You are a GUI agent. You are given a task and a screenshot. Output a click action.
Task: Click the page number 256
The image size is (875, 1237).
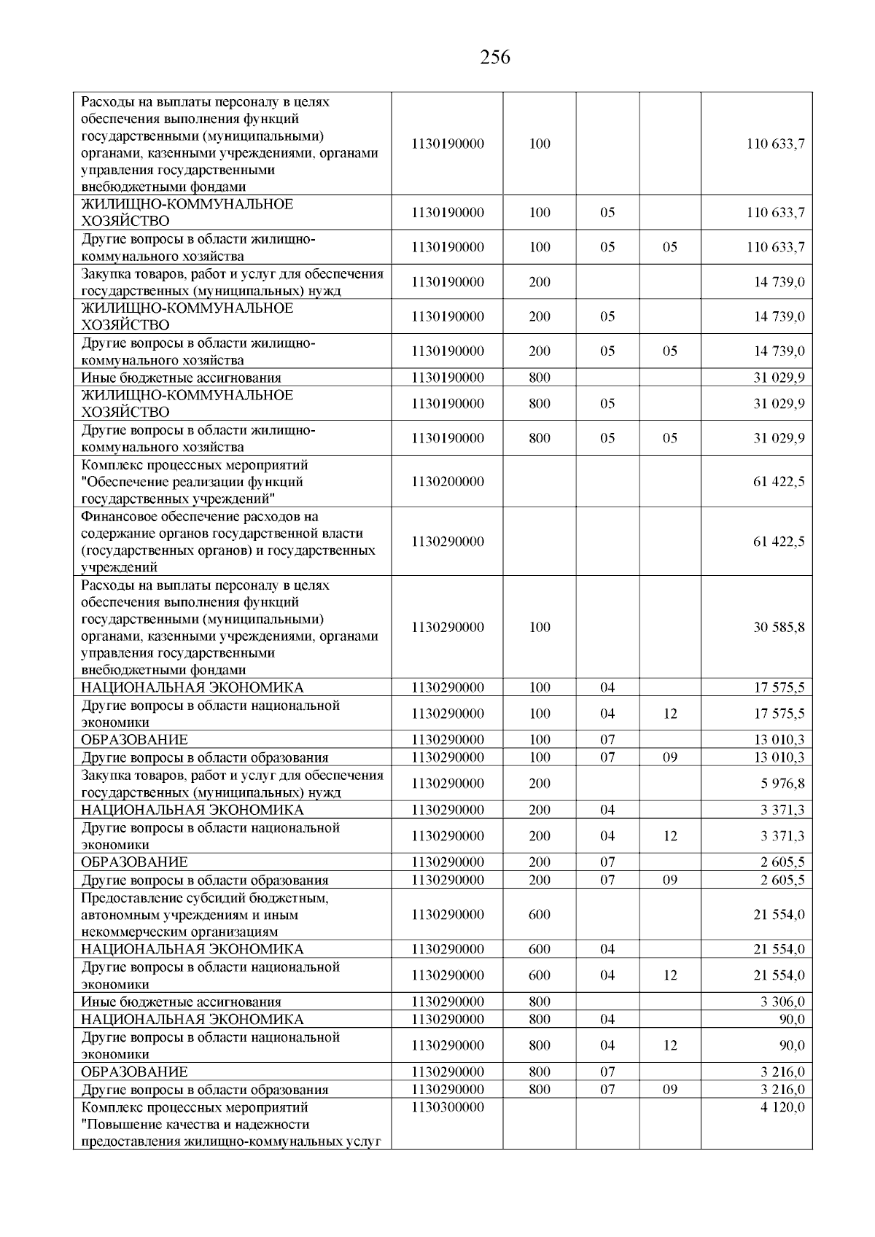[495, 58]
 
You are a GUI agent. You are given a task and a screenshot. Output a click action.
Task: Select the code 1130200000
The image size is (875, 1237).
[447, 482]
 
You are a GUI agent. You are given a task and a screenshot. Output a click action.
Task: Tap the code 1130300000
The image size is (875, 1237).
[447, 1107]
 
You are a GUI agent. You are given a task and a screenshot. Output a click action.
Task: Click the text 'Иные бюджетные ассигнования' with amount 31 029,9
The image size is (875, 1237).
[181, 378]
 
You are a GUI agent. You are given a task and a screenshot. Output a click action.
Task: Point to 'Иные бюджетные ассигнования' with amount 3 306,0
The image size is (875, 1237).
[181, 1002]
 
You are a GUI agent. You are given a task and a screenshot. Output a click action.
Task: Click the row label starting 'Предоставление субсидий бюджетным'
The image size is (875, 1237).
[205, 915]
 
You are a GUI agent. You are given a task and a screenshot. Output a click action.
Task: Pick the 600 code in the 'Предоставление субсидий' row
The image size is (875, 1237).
[540, 915]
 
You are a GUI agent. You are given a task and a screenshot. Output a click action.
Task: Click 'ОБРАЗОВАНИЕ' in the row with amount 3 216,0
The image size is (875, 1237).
[134, 1072]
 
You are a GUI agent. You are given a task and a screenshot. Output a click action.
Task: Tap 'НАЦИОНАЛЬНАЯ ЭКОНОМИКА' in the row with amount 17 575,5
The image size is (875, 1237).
[192, 687]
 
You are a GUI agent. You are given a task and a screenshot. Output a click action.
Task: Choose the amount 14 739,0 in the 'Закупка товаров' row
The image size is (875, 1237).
[779, 282]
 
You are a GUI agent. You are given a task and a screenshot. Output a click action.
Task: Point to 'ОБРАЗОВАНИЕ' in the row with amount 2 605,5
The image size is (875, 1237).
[134, 862]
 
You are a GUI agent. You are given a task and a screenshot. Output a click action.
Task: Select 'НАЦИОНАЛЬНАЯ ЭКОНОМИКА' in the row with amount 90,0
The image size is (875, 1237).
[192, 1020]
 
